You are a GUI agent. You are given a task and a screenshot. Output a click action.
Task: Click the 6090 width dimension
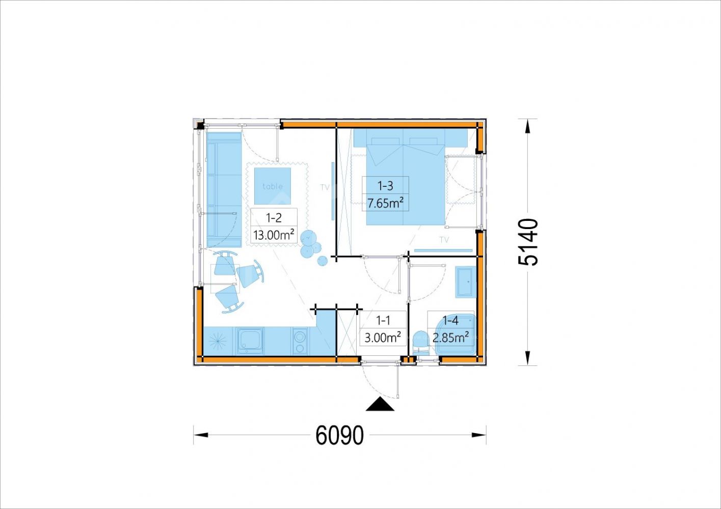click(x=339, y=435)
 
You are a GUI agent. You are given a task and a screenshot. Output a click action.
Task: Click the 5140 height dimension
click(x=528, y=242)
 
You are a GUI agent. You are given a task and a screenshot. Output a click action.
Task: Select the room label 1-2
click(x=274, y=218)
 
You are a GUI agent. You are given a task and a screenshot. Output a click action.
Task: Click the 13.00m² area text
click(x=274, y=235)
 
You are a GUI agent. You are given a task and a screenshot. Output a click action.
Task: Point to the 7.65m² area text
click(x=385, y=203)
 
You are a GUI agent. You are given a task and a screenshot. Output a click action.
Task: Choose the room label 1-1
click(x=383, y=320)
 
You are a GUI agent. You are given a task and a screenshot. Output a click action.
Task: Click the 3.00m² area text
click(x=383, y=337)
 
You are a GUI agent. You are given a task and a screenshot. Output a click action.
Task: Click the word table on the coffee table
click(x=273, y=186)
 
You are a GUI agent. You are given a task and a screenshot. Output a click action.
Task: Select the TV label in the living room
click(x=325, y=187)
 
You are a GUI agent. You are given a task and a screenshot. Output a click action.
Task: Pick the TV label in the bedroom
click(x=444, y=240)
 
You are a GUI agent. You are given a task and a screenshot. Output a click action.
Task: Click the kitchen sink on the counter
click(x=250, y=341)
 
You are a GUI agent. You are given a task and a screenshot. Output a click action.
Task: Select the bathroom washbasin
click(x=465, y=282)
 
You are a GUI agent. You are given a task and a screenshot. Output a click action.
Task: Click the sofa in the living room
click(x=224, y=189)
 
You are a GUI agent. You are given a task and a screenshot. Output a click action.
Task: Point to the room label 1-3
click(x=385, y=185)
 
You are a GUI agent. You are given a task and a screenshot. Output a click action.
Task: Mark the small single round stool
click(x=322, y=261)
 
